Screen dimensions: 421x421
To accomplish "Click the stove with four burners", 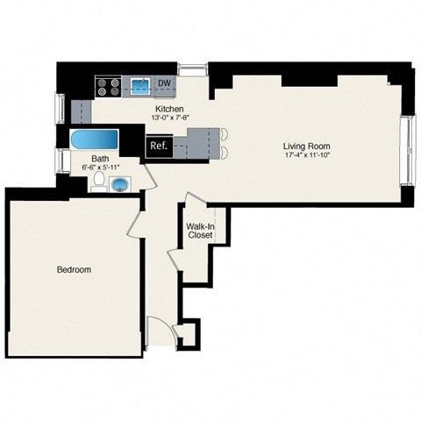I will pos(108,86).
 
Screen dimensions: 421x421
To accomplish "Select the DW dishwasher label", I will pos(164,85).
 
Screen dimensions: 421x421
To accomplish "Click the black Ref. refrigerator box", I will pos(159,146).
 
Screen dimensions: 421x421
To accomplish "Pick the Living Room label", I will pos(305,146).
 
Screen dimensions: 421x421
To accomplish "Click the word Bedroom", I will pos(73,270).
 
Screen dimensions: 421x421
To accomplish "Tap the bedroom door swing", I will pos(136,219).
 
